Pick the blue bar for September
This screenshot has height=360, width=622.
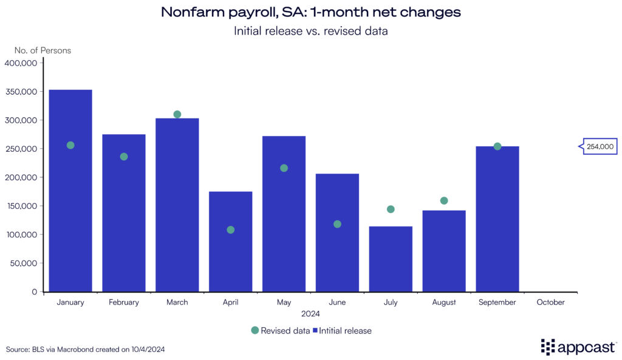tap(497, 219)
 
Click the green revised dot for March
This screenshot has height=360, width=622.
tap(177, 114)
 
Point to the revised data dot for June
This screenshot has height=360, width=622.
tap(337, 224)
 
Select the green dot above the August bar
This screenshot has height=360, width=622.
tap(444, 201)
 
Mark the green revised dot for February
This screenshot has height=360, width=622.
tap(124, 157)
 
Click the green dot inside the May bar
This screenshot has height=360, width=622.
tap(284, 168)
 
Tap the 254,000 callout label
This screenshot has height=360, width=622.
tap(600, 146)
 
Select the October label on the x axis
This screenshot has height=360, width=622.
tap(550, 302)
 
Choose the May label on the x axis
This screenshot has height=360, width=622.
tap(284, 302)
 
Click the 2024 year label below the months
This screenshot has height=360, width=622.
tap(310, 314)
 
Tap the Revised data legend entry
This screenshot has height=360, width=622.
tap(279, 331)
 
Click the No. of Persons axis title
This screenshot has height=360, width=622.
tap(43, 50)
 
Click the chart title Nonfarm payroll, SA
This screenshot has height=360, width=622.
tap(310, 12)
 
